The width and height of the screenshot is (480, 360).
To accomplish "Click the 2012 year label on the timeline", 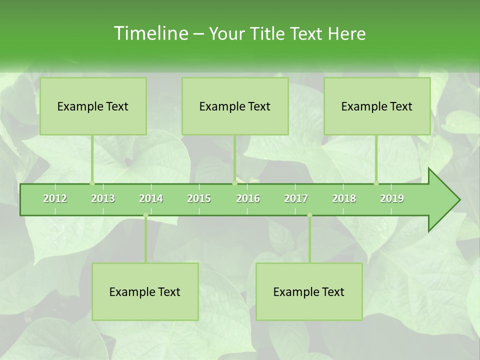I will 55,198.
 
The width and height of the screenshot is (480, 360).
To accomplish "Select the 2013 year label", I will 103,198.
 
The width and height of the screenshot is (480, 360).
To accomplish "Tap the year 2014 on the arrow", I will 151,198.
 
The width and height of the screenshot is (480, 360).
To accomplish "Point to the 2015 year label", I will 199,198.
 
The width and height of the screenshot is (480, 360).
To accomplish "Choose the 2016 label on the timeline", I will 248,198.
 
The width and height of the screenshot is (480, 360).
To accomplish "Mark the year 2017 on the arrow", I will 296,198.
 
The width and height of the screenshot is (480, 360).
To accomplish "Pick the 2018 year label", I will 344,198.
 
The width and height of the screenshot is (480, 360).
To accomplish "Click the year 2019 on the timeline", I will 392,198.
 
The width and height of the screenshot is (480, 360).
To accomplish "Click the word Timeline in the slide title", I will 150,33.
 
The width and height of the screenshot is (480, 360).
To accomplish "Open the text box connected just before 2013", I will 93,106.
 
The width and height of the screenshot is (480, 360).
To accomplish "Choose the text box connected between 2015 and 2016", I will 235,106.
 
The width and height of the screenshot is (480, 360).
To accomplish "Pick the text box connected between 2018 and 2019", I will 377,106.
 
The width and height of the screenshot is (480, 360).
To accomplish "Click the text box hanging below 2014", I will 145,291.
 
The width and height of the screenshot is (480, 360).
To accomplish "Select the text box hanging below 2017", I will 309,291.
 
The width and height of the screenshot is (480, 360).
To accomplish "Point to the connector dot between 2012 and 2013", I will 92,183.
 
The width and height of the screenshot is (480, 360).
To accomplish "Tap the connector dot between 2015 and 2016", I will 234,183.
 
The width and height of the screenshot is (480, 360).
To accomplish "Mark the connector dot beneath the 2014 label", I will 145,215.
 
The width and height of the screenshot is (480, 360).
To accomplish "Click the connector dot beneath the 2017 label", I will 309,215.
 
